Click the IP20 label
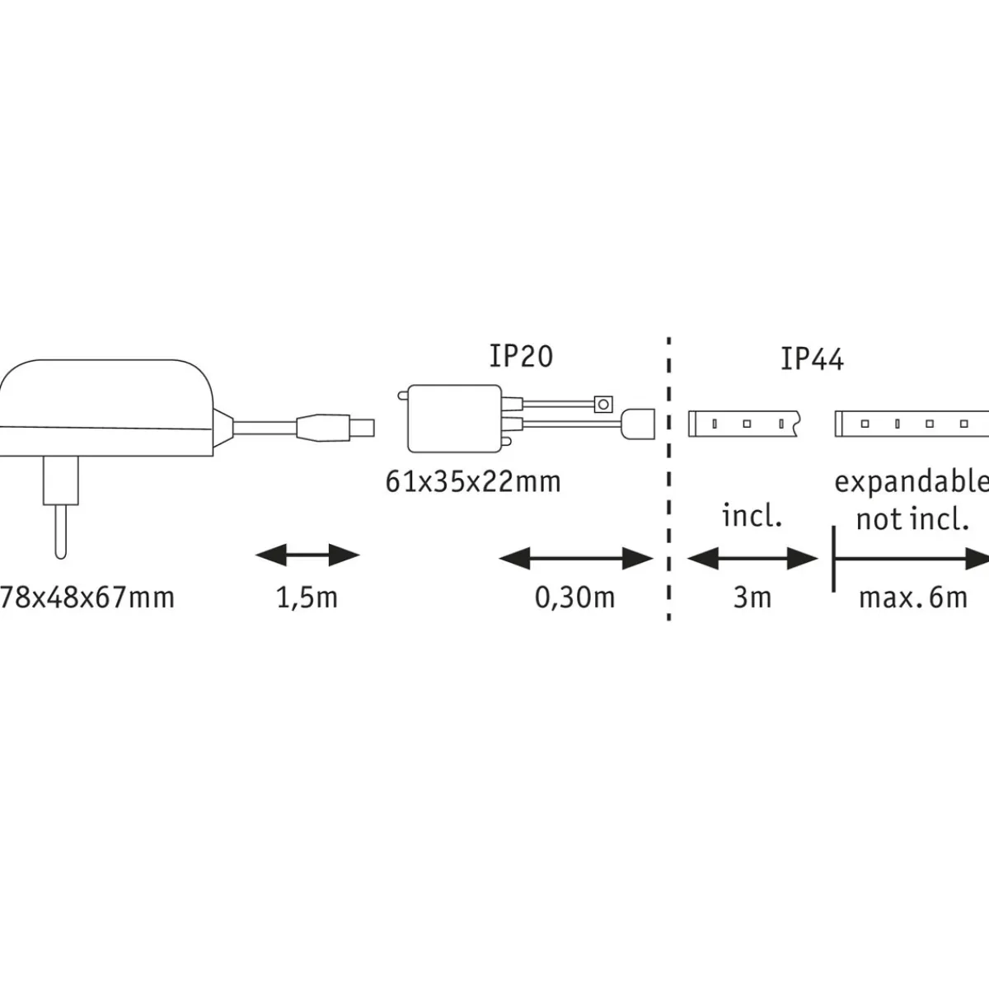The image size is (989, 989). tap(521, 356)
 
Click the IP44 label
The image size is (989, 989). tap(812, 359)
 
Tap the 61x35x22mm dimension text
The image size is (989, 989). tap(473, 480)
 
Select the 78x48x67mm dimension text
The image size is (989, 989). tap(87, 596)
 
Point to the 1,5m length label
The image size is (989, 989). tap(307, 597)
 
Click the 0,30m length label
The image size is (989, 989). tap(575, 597)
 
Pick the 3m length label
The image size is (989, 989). tap(752, 597)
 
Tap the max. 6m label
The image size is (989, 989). tap(913, 597)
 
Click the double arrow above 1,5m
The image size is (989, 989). tap(307, 555)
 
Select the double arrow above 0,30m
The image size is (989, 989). tap(576, 560)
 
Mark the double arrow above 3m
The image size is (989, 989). tap(752, 560)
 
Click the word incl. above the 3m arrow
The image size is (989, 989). tap(752, 517)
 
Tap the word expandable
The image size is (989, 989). tap(911, 480)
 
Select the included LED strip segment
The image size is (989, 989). tap(742, 424)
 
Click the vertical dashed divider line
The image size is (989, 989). tap(668, 478)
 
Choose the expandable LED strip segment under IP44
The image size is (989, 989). tap(911, 424)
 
